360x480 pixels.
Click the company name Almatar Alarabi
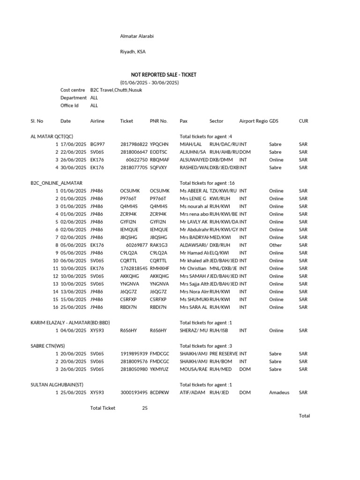coord(137,36)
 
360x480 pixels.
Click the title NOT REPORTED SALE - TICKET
coord(163,75)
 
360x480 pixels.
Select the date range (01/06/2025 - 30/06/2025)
coord(149,82)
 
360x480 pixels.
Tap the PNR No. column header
coord(158,121)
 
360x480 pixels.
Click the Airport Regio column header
coord(253,121)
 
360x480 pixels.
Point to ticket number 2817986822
coord(134,144)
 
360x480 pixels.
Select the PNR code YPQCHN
coord(159,144)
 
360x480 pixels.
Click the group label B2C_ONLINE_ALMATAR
coord(56,183)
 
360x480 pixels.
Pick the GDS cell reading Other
coord(276,245)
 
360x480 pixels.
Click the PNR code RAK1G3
coord(159,245)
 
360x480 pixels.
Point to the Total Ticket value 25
coord(145,408)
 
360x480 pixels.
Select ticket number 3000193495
coord(134,392)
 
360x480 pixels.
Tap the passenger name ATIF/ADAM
coord(192,392)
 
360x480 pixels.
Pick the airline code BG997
coord(97,144)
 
